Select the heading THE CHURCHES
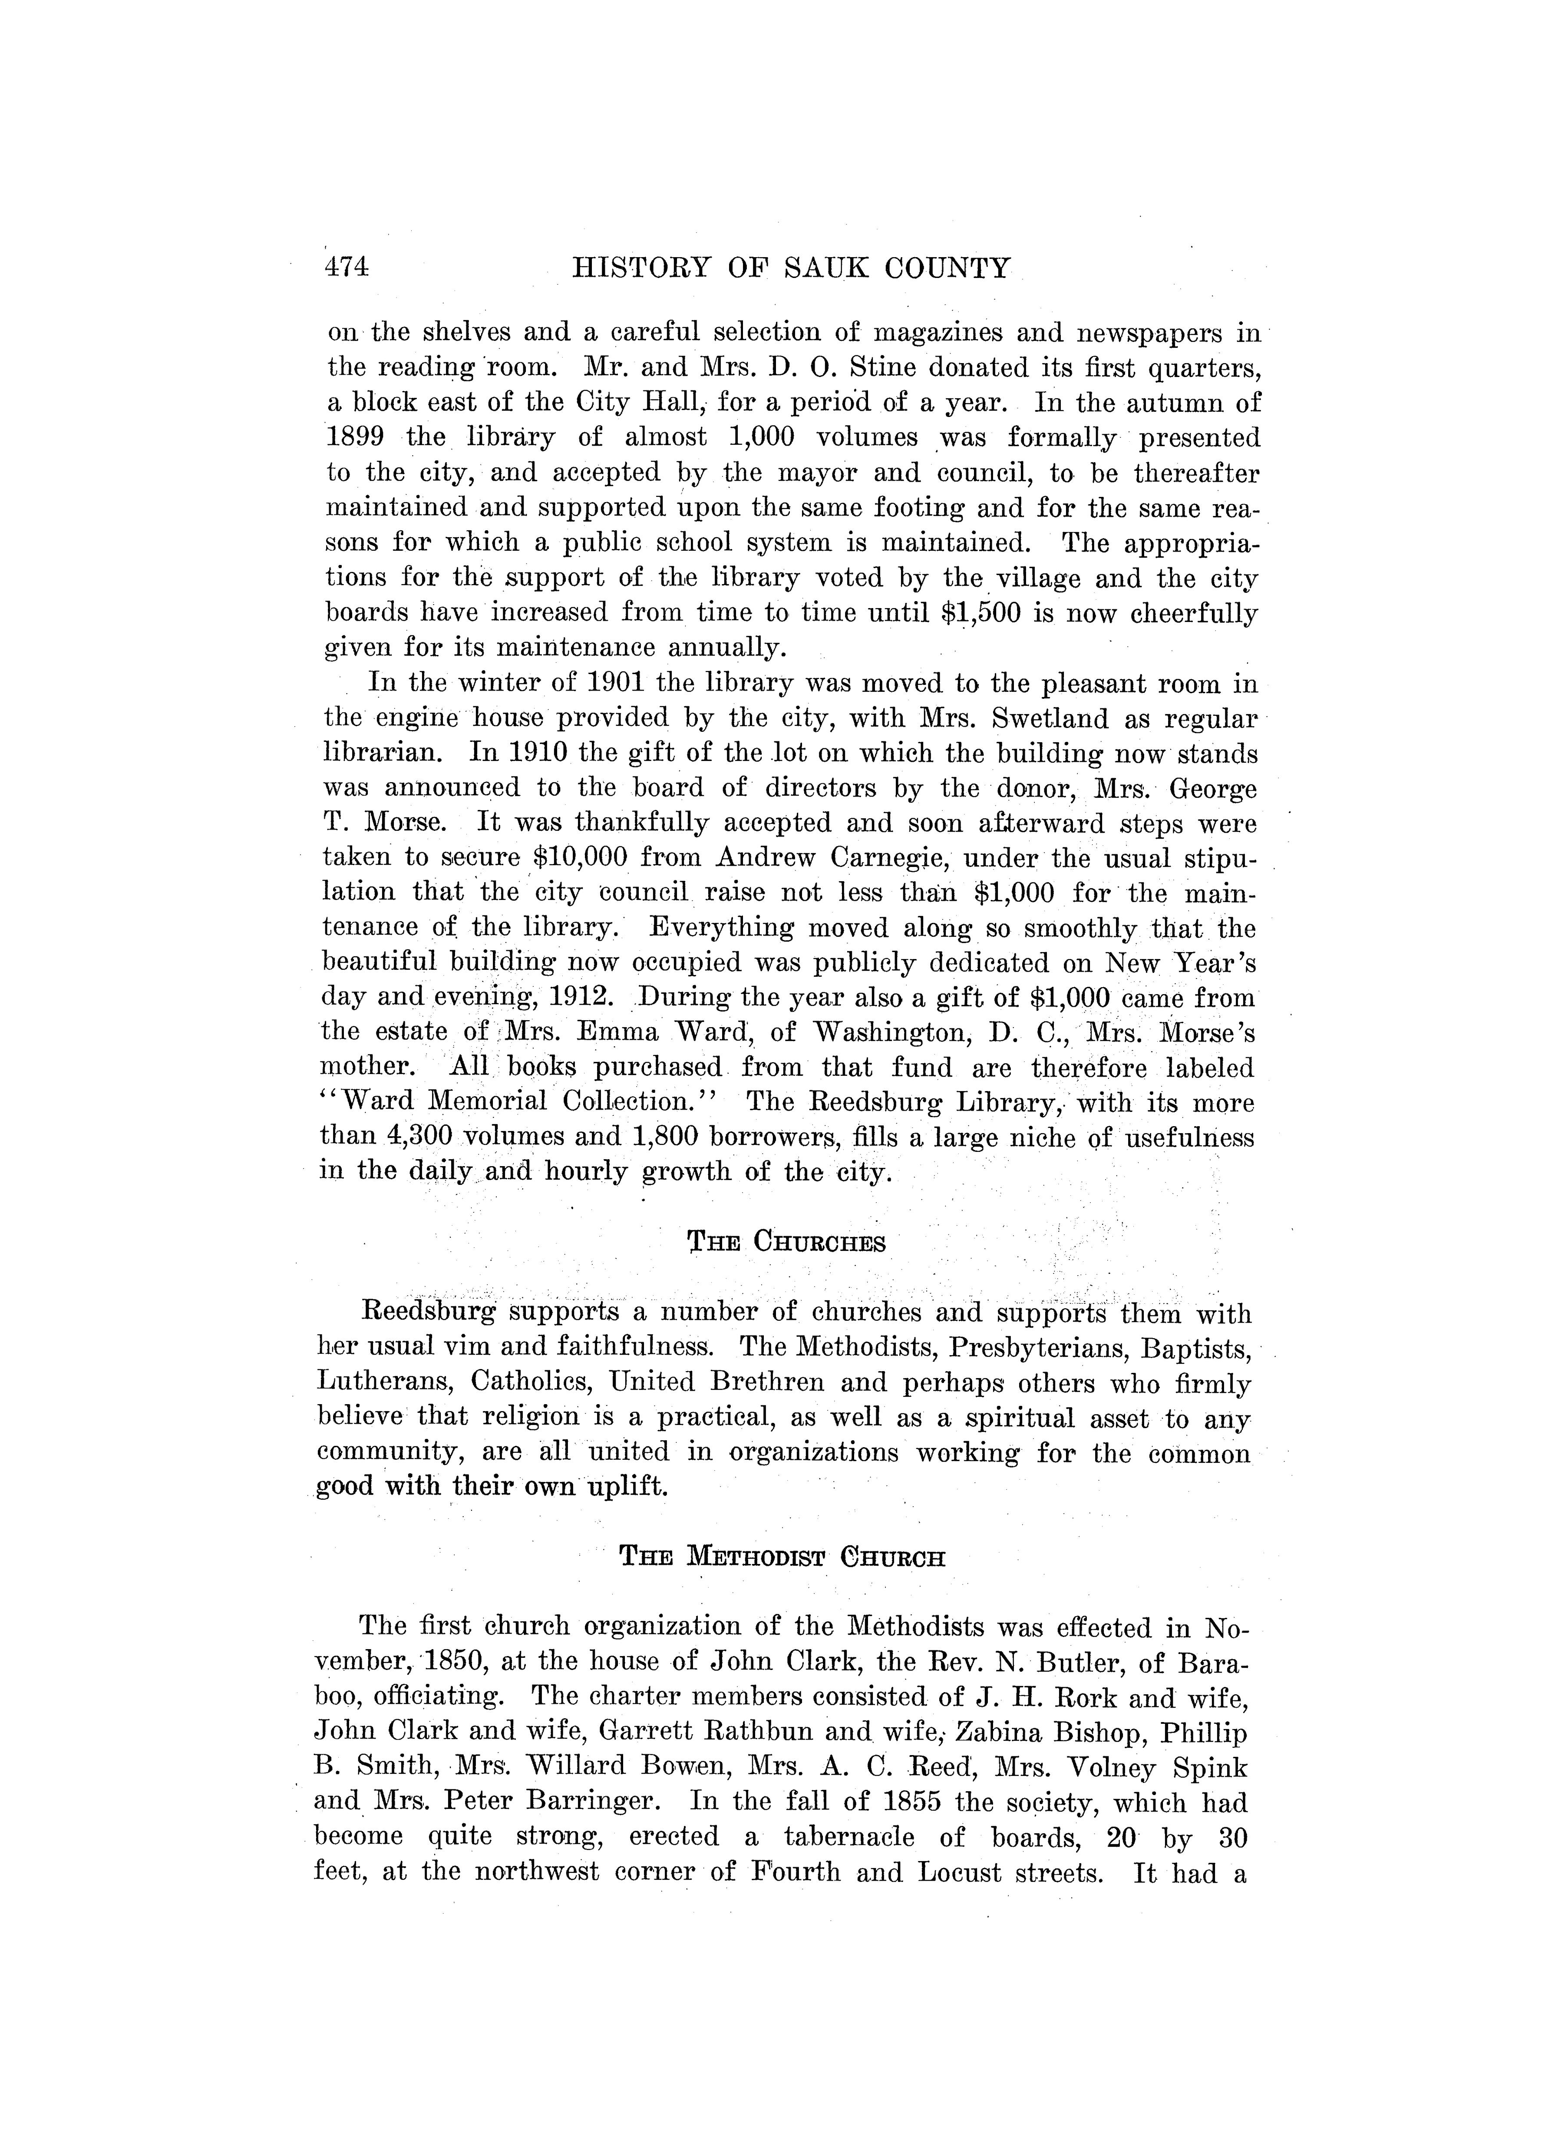tap(786, 1242)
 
